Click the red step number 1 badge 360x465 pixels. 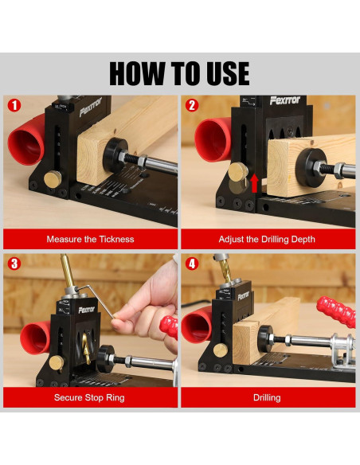point(14,105)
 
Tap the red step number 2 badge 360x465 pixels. point(192,105)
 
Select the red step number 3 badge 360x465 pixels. point(14,264)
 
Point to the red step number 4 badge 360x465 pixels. point(192,264)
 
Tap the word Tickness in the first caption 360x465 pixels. point(116,239)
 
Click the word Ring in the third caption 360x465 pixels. point(115,397)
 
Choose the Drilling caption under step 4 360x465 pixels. point(267,397)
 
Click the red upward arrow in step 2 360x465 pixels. point(254,184)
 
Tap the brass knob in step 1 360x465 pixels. point(53,179)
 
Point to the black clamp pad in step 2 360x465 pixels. point(308,167)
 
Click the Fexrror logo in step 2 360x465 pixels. point(285,100)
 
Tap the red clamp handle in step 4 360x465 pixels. point(336,311)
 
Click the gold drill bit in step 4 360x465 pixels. point(225,272)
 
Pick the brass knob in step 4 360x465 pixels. point(221,350)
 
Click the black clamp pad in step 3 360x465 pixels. point(106,358)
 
